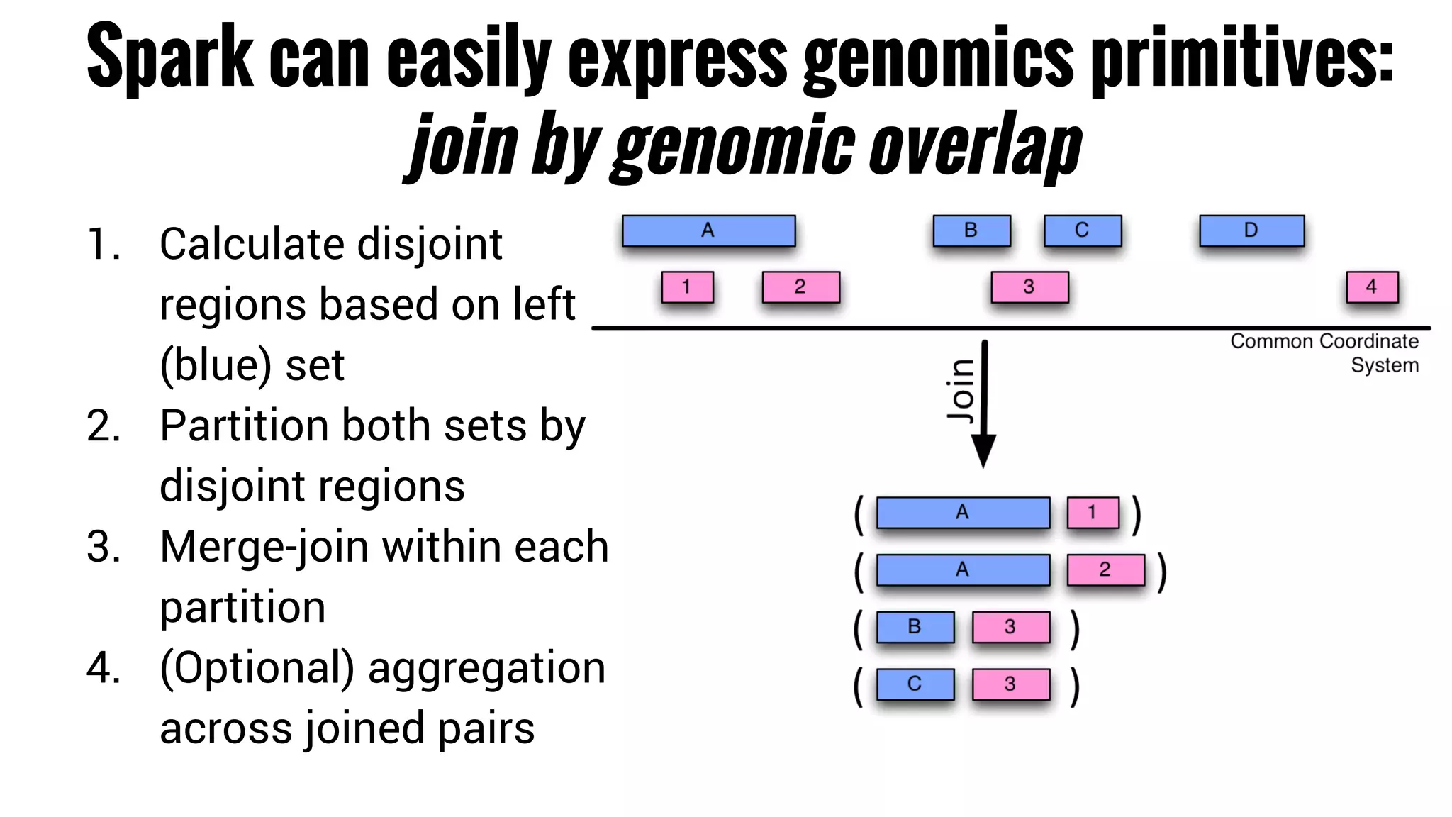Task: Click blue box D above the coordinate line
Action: click(1251, 230)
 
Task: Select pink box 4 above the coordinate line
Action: click(1372, 287)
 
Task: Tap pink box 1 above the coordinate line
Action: click(687, 287)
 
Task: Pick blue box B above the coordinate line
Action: click(971, 230)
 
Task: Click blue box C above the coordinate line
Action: click(1083, 230)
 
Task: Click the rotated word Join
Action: click(961, 390)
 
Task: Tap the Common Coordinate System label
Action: click(1324, 352)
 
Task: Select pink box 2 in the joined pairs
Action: click(1105, 569)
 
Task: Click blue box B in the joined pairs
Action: click(915, 627)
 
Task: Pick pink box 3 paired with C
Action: click(1010, 684)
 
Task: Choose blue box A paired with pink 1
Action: click(963, 513)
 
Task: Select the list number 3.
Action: click(104, 548)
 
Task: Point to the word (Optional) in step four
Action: click(257, 668)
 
